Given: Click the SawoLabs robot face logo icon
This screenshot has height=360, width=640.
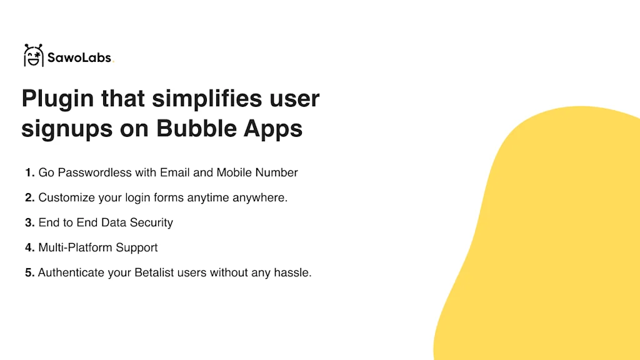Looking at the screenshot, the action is coord(34,55).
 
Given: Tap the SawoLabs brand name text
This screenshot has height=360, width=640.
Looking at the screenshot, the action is coord(79,57).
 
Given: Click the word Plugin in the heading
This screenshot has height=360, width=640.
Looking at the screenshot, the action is coord(57,99).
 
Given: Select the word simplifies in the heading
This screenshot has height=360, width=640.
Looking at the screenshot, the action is coord(207,99).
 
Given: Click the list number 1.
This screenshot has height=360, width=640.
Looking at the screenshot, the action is coord(29,172).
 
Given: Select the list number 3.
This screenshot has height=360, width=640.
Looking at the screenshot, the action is coord(29,222).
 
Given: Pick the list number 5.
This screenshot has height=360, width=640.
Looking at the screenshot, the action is coord(29,272).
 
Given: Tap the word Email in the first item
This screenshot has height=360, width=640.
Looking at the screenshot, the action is coord(175,172).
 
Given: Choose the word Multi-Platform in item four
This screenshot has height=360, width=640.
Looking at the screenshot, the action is coord(76,247).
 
